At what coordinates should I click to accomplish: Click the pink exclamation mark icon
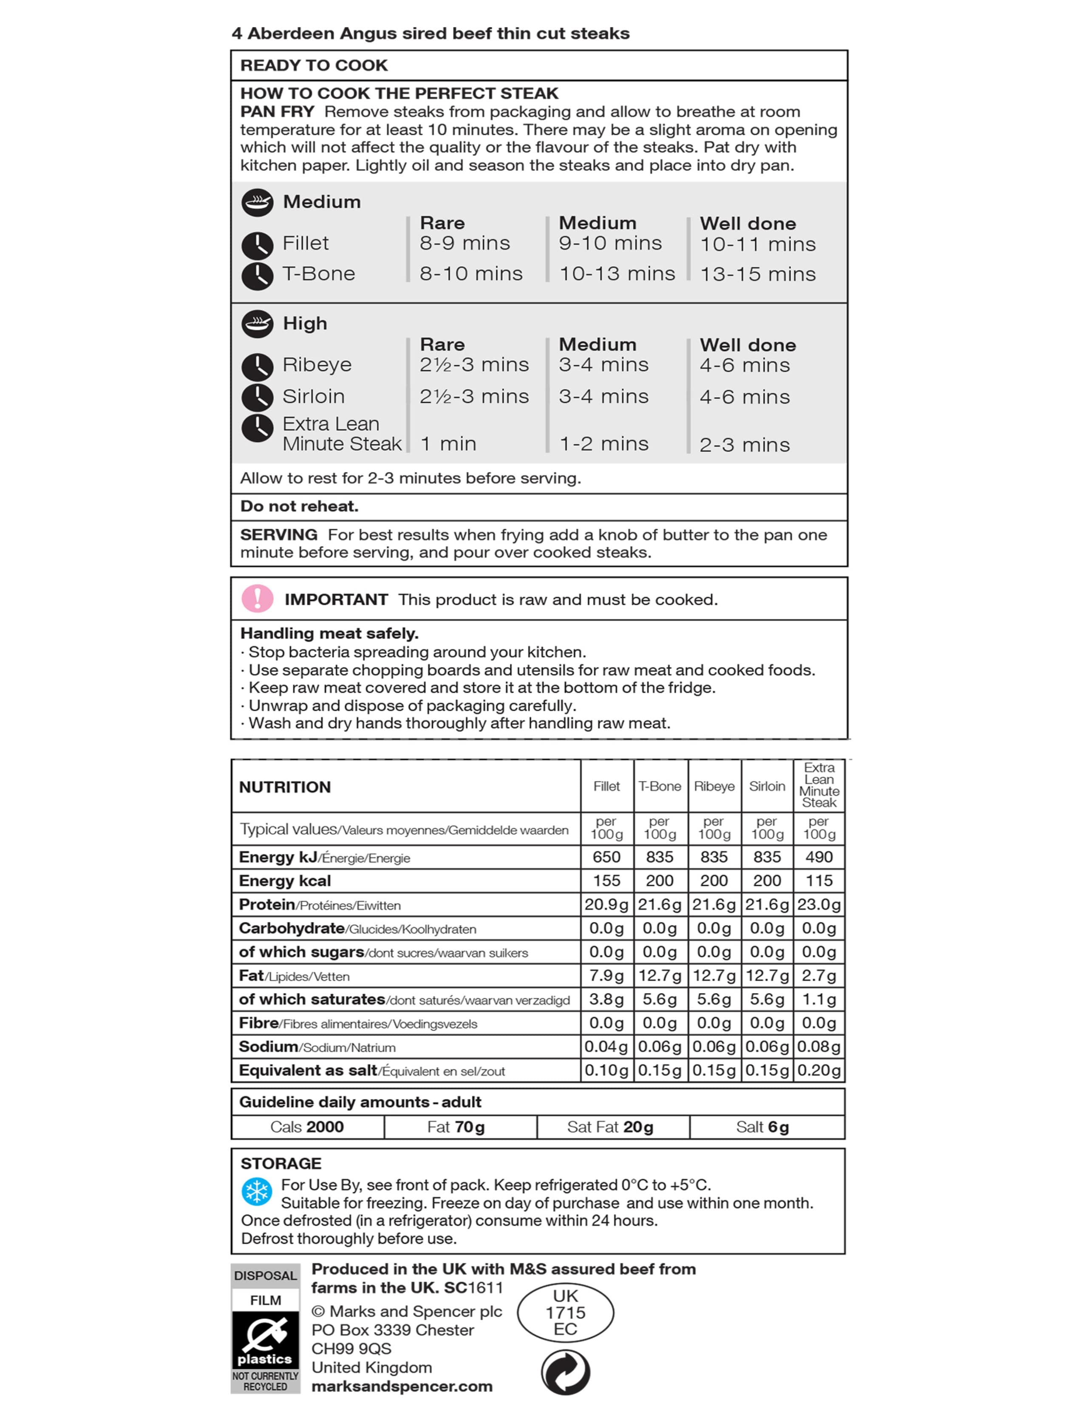tap(257, 599)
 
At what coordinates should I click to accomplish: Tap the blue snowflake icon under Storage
tap(257, 1191)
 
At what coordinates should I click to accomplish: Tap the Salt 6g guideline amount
tap(762, 1127)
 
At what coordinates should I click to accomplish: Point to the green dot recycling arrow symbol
tap(565, 1372)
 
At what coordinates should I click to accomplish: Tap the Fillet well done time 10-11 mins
tap(758, 244)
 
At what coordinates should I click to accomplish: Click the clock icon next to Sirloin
tap(257, 397)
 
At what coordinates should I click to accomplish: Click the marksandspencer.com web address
tap(402, 1387)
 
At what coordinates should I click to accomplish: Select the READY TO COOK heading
tap(314, 65)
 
